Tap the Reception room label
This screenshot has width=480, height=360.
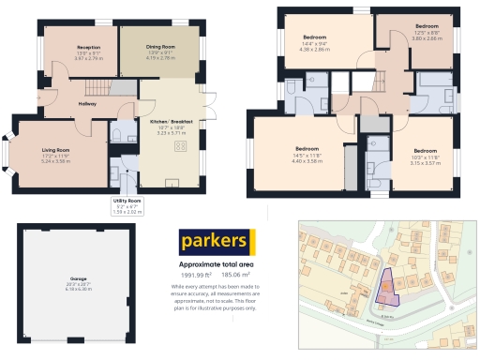[x=89, y=46]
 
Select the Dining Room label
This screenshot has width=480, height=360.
[x=160, y=46]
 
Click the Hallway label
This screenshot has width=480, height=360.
[x=87, y=103]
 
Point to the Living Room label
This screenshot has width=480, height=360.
[x=56, y=149]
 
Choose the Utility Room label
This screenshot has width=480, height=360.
[x=127, y=201]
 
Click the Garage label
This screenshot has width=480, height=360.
[x=78, y=279]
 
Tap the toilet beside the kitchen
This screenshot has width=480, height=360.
[x=117, y=136]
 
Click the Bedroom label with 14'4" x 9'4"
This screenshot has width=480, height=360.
[x=313, y=37]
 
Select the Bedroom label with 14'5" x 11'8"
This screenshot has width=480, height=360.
[x=308, y=149]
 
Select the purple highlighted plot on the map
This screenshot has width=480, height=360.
[x=385, y=287]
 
